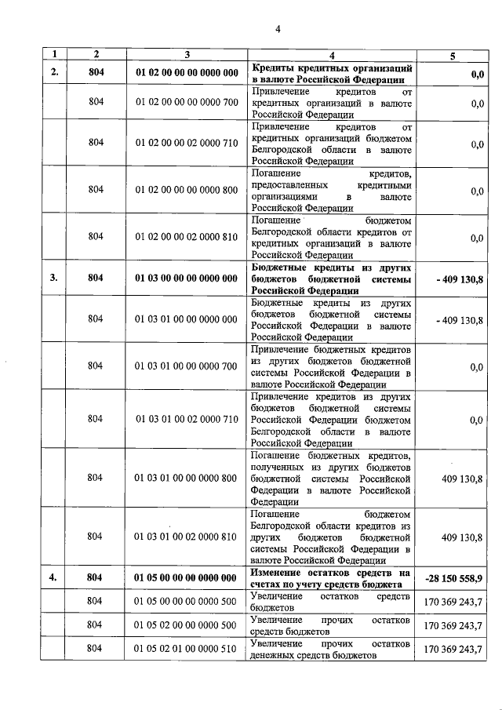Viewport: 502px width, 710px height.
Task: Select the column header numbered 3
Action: tap(187, 54)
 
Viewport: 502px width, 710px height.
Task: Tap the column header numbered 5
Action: tap(451, 54)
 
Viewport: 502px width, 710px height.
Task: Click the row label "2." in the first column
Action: tap(54, 73)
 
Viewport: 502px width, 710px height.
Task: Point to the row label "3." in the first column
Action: tap(54, 277)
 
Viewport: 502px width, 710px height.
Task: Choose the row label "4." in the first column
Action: tap(54, 577)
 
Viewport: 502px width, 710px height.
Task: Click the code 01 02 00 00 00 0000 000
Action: tap(187, 73)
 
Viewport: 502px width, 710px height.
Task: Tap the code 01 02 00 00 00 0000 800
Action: tap(187, 190)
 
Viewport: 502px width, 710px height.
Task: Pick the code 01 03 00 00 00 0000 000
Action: tap(187, 277)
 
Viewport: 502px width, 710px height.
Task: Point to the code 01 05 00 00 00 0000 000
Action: tap(187, 577)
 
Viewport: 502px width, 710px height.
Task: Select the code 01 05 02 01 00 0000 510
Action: tap(187, 648)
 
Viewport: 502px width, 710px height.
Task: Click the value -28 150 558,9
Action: tap(454, 577)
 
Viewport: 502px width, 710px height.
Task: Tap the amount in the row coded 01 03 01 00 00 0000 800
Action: tap(463, 478)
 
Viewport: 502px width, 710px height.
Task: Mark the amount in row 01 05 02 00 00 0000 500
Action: tap(454, 624)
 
